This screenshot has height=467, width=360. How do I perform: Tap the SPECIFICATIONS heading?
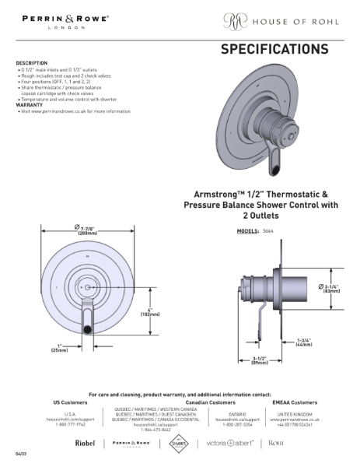pyautogui.click(x=274, y=50)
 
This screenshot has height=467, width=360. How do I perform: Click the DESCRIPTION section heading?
pyautogui.click(x=32, y=63)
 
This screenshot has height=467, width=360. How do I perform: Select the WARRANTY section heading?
pyautogui.click(x=30, y=105)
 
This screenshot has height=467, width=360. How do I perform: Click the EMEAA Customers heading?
pyautogui.click(x=295, y=402)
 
